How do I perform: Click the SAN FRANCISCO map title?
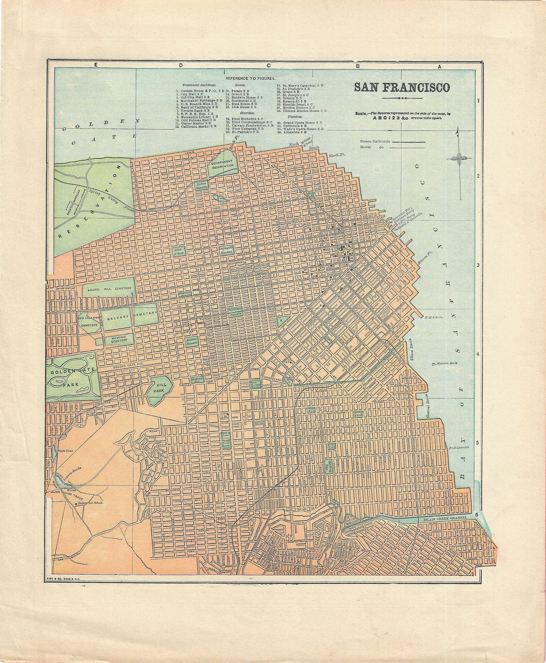[401, 87]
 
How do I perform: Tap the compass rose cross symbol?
[459, 157]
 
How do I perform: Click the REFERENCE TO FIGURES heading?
[250, 78]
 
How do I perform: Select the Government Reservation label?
[223, 165]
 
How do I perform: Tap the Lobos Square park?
[201, 185]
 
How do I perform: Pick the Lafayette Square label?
[226, 251]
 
